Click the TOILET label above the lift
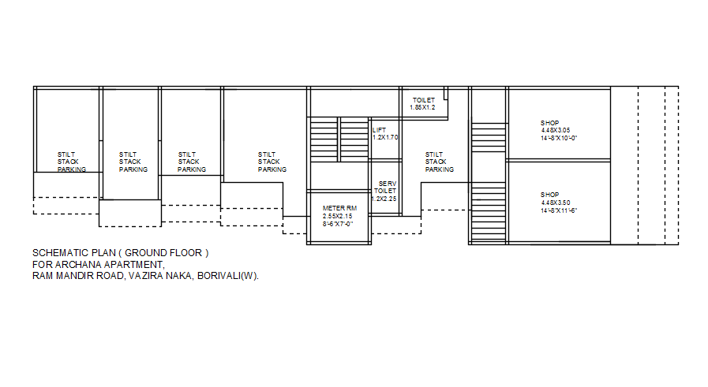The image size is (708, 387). click(x=424, y=100)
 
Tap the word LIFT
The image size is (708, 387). click(x=380, y=129)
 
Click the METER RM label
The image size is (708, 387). click(x=340, y=208)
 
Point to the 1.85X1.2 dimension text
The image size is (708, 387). click(x=422, y=107)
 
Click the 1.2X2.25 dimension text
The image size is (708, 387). click(x=384, y=199)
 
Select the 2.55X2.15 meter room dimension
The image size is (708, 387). click(x=338, y=215)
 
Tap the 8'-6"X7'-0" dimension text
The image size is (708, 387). click(x=337, y=223)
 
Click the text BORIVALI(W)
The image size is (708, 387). click(x=228, y=276)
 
